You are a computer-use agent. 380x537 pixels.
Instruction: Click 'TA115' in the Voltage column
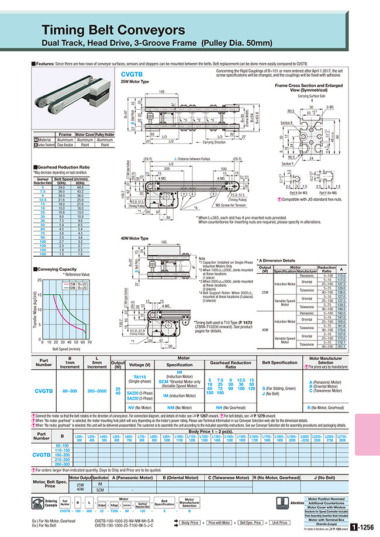(x=140, y=377)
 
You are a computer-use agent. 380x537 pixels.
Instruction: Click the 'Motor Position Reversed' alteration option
(x=331, y=498)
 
